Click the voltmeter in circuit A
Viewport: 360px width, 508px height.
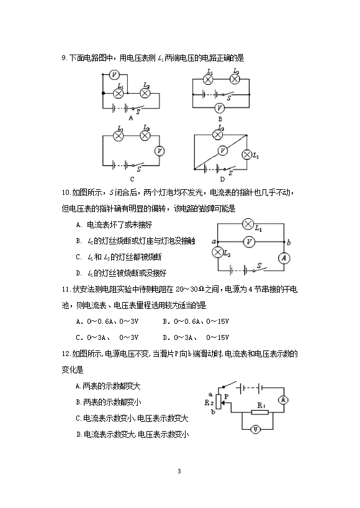(114, 75)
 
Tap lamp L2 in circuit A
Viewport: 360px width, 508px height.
(145, 93)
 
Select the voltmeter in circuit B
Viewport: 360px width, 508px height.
(220, 108)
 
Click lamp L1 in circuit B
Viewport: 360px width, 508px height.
(208, 79)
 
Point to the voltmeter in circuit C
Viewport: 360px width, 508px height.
(160, 151)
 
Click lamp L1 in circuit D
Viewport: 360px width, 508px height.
(247, 155)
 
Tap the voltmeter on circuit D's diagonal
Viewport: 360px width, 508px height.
(222, 150)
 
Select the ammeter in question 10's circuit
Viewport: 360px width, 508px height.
(284, 258)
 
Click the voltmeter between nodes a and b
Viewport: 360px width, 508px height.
(249, 242)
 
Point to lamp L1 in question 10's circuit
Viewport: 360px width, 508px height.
(248, 224)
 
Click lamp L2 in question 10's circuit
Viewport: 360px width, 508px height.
(217, 252)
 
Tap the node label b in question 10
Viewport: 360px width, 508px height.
(289, 242)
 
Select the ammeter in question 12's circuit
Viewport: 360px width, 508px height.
(283, 400)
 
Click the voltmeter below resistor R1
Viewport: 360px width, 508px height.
(256, 430)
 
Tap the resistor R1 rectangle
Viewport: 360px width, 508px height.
(260, 412)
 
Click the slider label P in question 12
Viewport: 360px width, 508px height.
(227, 396)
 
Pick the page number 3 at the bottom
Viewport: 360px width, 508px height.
(179, 471)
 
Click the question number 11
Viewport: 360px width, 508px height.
(66, 289)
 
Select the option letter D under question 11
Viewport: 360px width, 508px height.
(165, 337)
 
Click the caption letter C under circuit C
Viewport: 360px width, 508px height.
(132, 179)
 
